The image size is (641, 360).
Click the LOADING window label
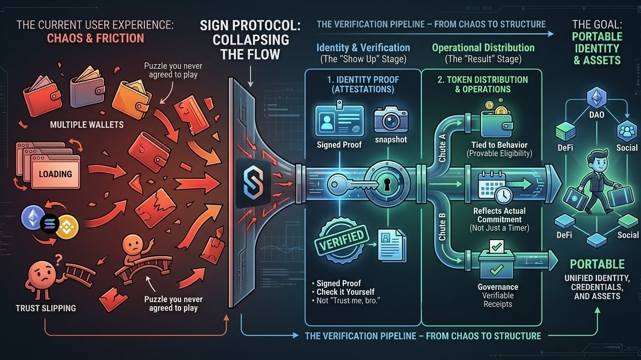pos(55,174)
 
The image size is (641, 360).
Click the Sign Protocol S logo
pos(253,183)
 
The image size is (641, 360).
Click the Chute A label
pos(442,146)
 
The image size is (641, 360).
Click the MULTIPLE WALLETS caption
pos(87,125)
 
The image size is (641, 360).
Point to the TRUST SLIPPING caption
pos(45,308)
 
